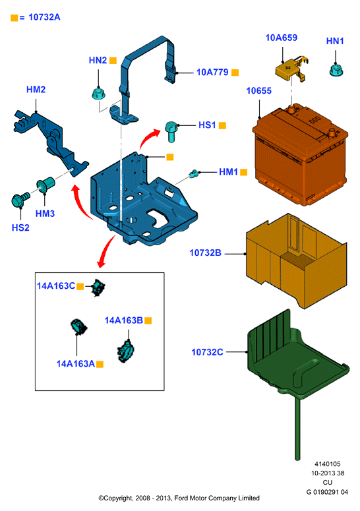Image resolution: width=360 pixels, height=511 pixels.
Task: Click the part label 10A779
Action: click(x=212, y=72)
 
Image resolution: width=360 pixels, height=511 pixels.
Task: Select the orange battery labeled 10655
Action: click(x=300, y=154)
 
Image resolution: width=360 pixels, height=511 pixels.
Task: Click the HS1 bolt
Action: click(x=171, y=131)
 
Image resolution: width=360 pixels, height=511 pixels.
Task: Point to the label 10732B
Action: click(x=205, y=253)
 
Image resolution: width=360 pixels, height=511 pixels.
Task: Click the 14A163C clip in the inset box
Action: click(x=98, y=287)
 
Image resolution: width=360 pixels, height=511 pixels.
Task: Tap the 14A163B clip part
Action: click(x=125, y=351)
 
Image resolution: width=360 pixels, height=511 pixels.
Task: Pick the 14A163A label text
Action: click(x=76, y=364)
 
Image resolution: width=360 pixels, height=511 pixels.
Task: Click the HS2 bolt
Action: click(x=20, y=199)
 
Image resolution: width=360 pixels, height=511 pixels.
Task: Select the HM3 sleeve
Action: click(x=46, y=185)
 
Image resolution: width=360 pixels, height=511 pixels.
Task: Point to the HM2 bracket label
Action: click(x=36, y=89)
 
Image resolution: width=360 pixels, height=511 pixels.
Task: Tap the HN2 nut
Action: click(x=98, y=94)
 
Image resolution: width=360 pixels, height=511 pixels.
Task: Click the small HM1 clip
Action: click(x=194, y=174)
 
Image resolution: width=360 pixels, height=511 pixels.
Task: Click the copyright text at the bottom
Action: click(x=179, y=498)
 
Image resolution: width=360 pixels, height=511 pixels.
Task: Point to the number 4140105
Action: click(x=328, y=464)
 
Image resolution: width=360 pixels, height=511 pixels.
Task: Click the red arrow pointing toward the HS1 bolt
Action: click(x=149, y=138)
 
